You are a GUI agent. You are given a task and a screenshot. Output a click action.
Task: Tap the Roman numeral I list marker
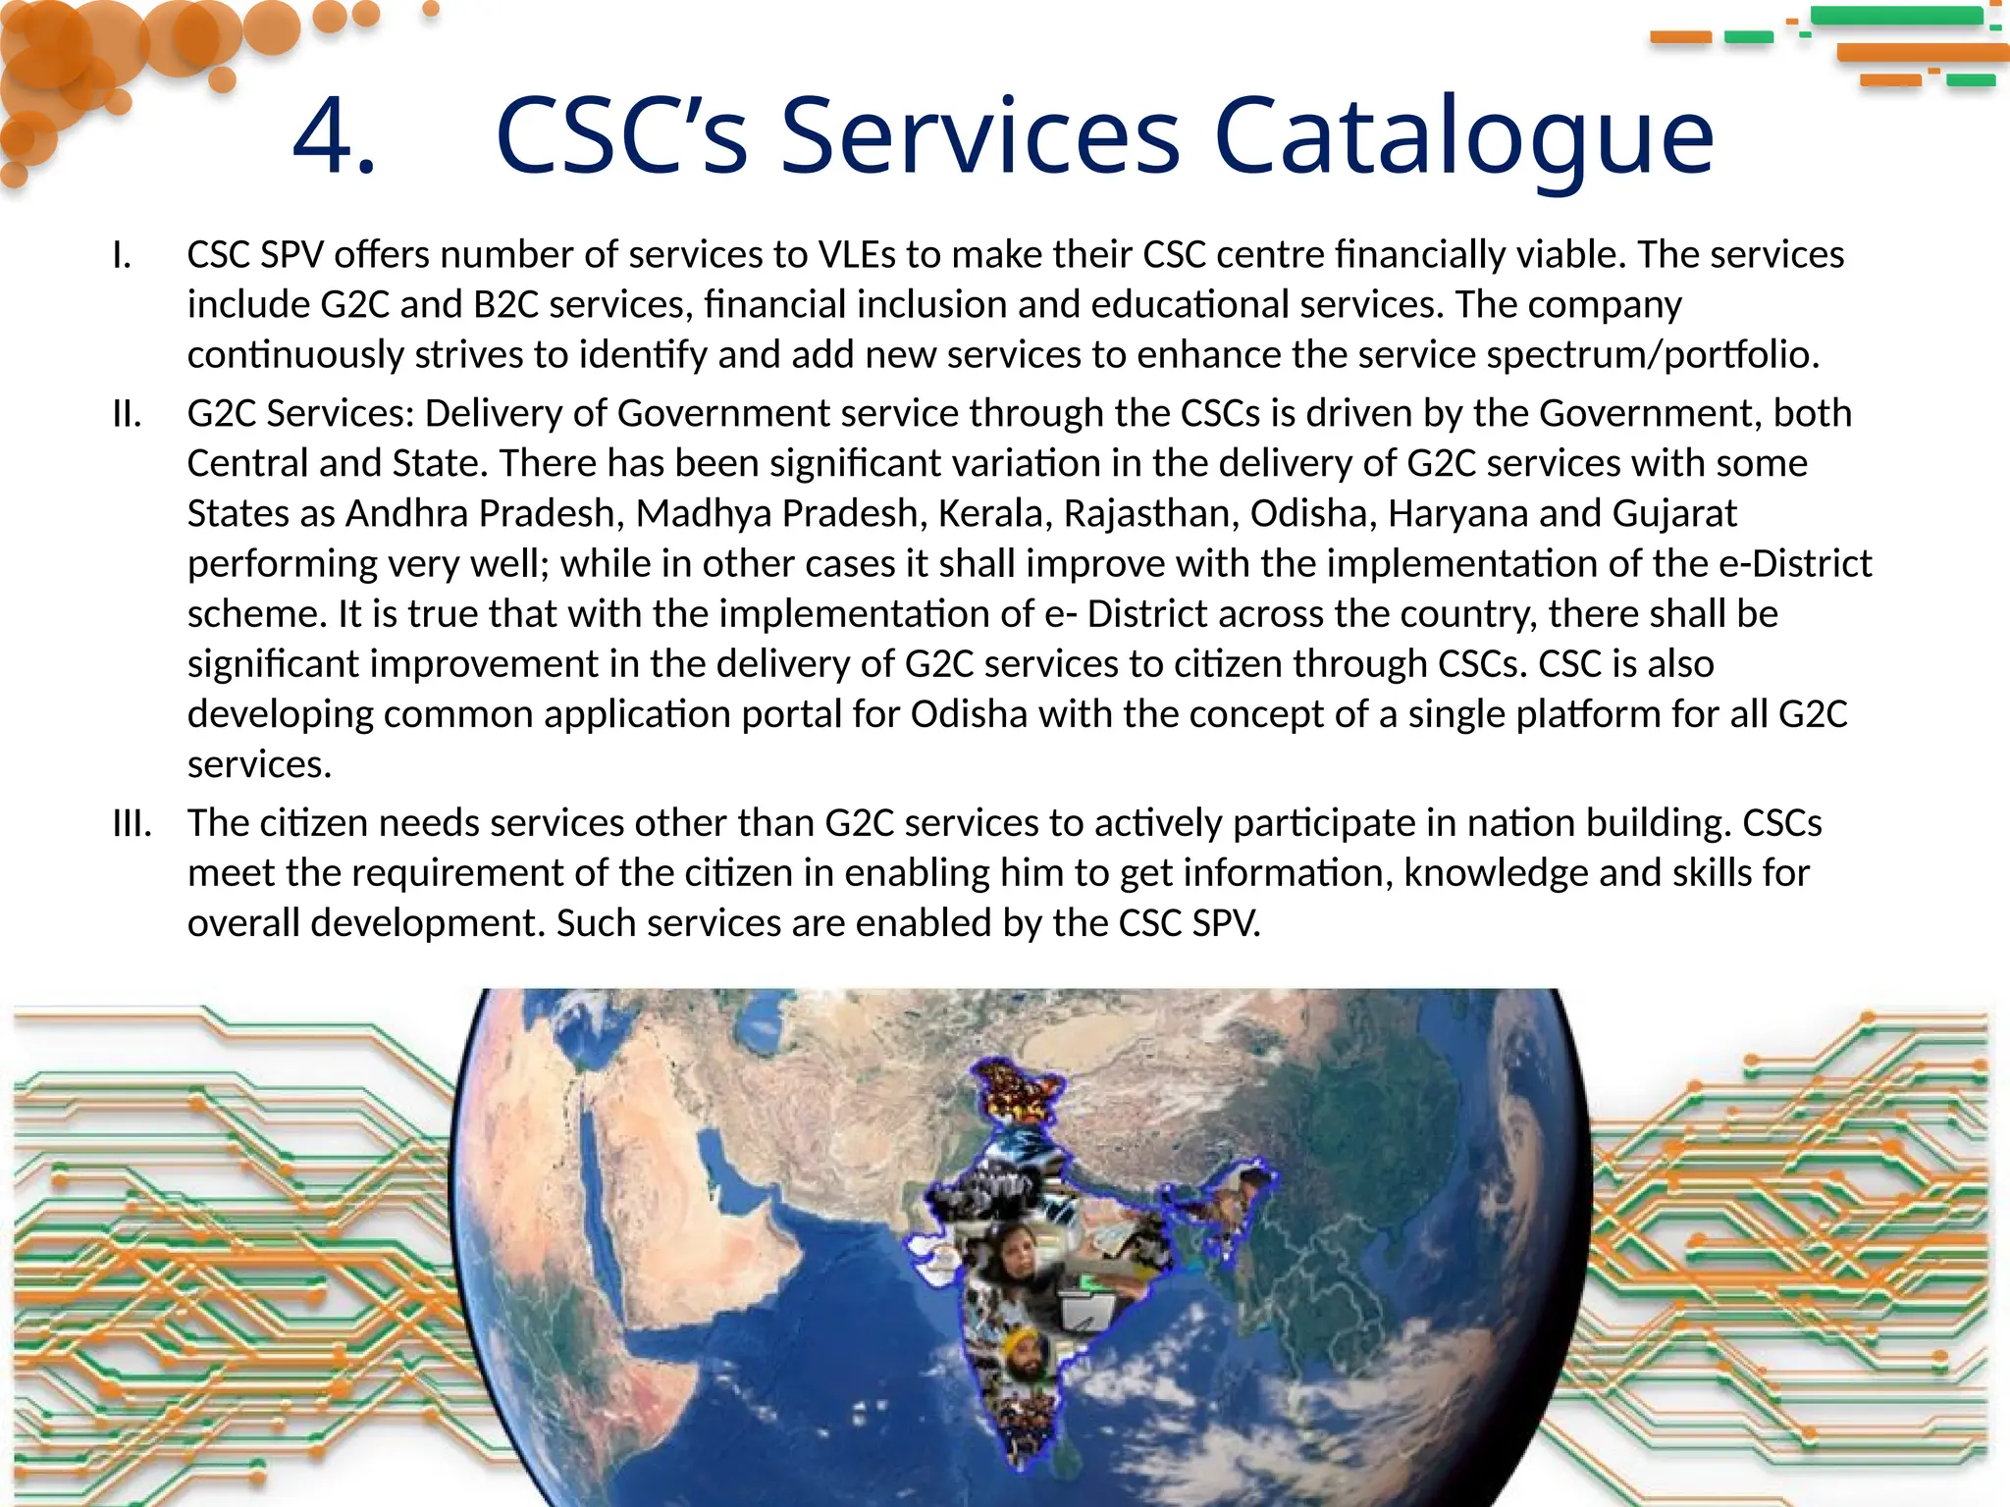(x=122, y=255)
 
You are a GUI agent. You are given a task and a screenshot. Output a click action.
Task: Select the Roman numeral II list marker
(x=127, y=414)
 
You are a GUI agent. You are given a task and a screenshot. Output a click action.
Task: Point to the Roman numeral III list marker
(x=132, y=823)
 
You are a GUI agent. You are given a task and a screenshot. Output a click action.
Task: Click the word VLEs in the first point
(x=857, y=255)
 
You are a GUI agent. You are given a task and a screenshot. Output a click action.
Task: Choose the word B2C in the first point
(x=505, y=305)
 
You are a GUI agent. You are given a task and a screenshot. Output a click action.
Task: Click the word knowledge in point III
(x=1495, y=873)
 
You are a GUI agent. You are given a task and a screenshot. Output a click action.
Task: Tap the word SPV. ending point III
(x=1226, y=923)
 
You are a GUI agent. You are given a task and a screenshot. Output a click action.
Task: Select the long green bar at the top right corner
(x=1896, y=16)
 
